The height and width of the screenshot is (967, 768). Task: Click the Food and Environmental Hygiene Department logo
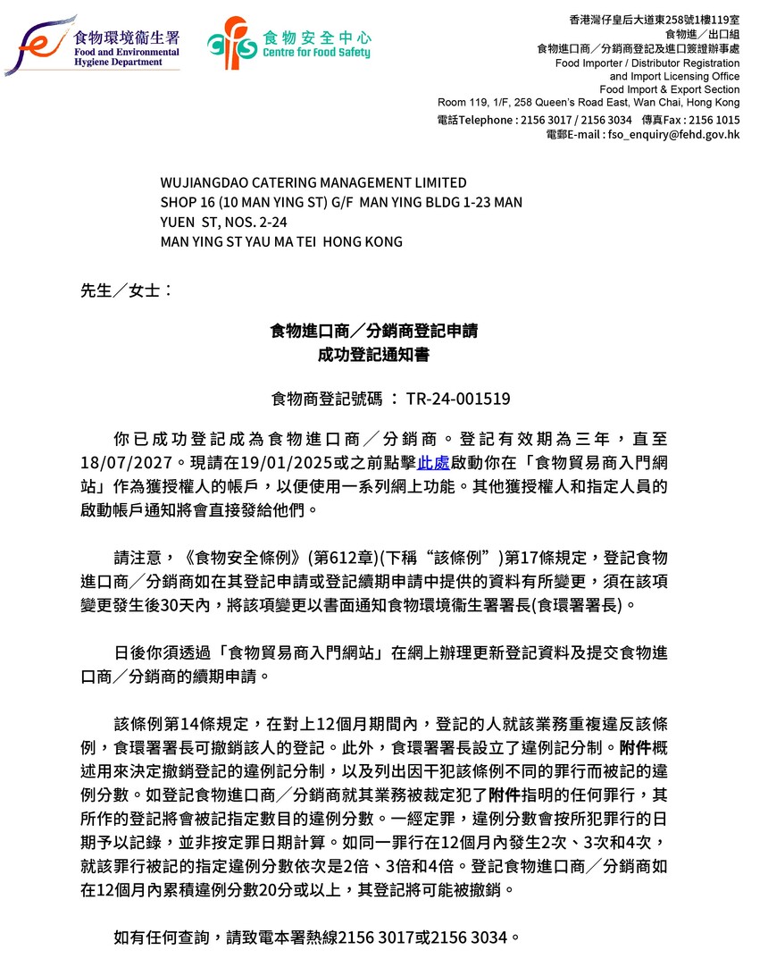point(93,46)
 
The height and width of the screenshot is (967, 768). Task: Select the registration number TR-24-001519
point(458,399)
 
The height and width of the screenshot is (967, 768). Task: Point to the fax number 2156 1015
point(714,120)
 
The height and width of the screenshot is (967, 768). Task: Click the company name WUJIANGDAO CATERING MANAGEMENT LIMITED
point(313,183)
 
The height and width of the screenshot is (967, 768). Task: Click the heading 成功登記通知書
point(373,355)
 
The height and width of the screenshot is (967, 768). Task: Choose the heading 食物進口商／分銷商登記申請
point(373,332)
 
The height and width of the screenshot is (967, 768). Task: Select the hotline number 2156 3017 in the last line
point(390,938)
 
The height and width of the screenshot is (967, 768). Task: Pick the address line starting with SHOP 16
point(341,203)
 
